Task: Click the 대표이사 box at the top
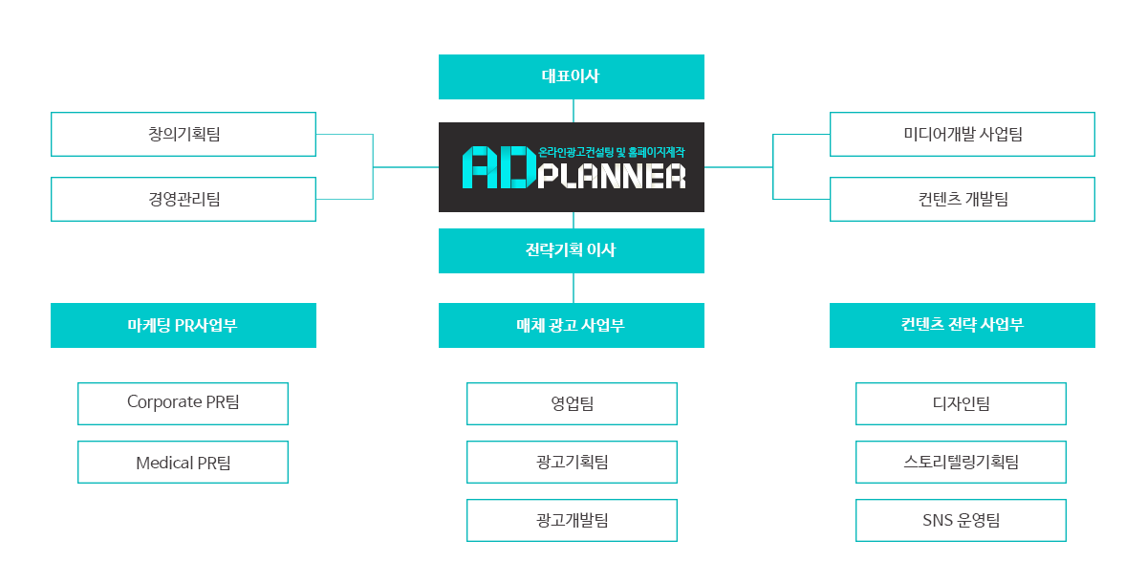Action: pyautogui.click(x=572, y=76)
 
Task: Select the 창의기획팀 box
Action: pyautogui.click(x=184, y=134)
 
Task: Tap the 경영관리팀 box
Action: pyautogui.click(x=184, y=199)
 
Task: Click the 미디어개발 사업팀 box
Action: pyautogui.click(x=963, y=134)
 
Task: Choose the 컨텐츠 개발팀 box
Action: pyautogui.click(x=963, y=199)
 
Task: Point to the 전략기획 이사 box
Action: pyautogui.click(x=572, y=250)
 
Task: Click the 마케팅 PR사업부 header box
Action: pyautogui.click(x=184, y=326)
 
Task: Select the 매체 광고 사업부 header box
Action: pyautogui.click(x=572, y=326)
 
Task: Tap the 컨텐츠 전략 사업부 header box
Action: pyautogui.click(x=963, y=326)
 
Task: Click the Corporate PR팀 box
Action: pyautogui.click(x=183, y=404)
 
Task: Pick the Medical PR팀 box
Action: pyautogui.click(x=183, y=463)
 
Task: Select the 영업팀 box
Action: pyautogui.click(x=572, y=404)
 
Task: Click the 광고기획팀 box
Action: pyautogui.click(x=572, y=463)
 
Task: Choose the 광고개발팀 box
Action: pyautogui.click(x=572, y=521)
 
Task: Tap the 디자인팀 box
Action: pyautogui.click(x=962, y=404)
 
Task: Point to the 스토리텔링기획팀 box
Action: pyautogui.click(x=962, y=463)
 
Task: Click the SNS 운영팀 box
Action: pyautogui.click(x=962, y=521)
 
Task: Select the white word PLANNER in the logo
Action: pyautogui.click(x=612, y=176)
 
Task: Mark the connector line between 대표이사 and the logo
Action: pyautogui.click(x=573, y=111)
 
